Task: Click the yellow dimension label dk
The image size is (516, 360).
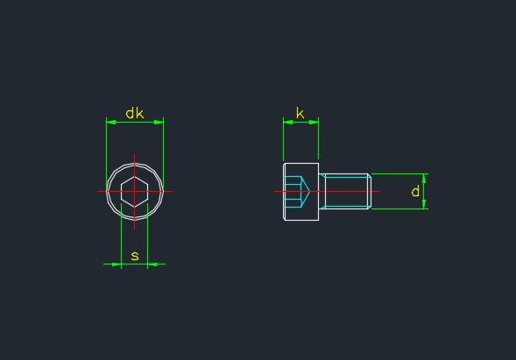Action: click(135, 113)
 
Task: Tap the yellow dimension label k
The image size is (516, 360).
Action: click(300, 113)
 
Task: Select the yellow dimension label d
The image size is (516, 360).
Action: click(415, 191)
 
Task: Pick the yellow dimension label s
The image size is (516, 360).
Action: click(135, 256)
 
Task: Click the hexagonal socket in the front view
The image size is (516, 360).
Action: click(135, 192)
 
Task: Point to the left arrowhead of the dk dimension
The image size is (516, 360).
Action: click(111, 122)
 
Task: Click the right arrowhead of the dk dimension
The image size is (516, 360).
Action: click(159, 122)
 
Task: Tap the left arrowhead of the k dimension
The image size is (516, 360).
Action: click(288, 122)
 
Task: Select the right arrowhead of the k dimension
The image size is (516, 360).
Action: click(314, 122)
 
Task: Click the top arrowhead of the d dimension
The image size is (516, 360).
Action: click(424, 179)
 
